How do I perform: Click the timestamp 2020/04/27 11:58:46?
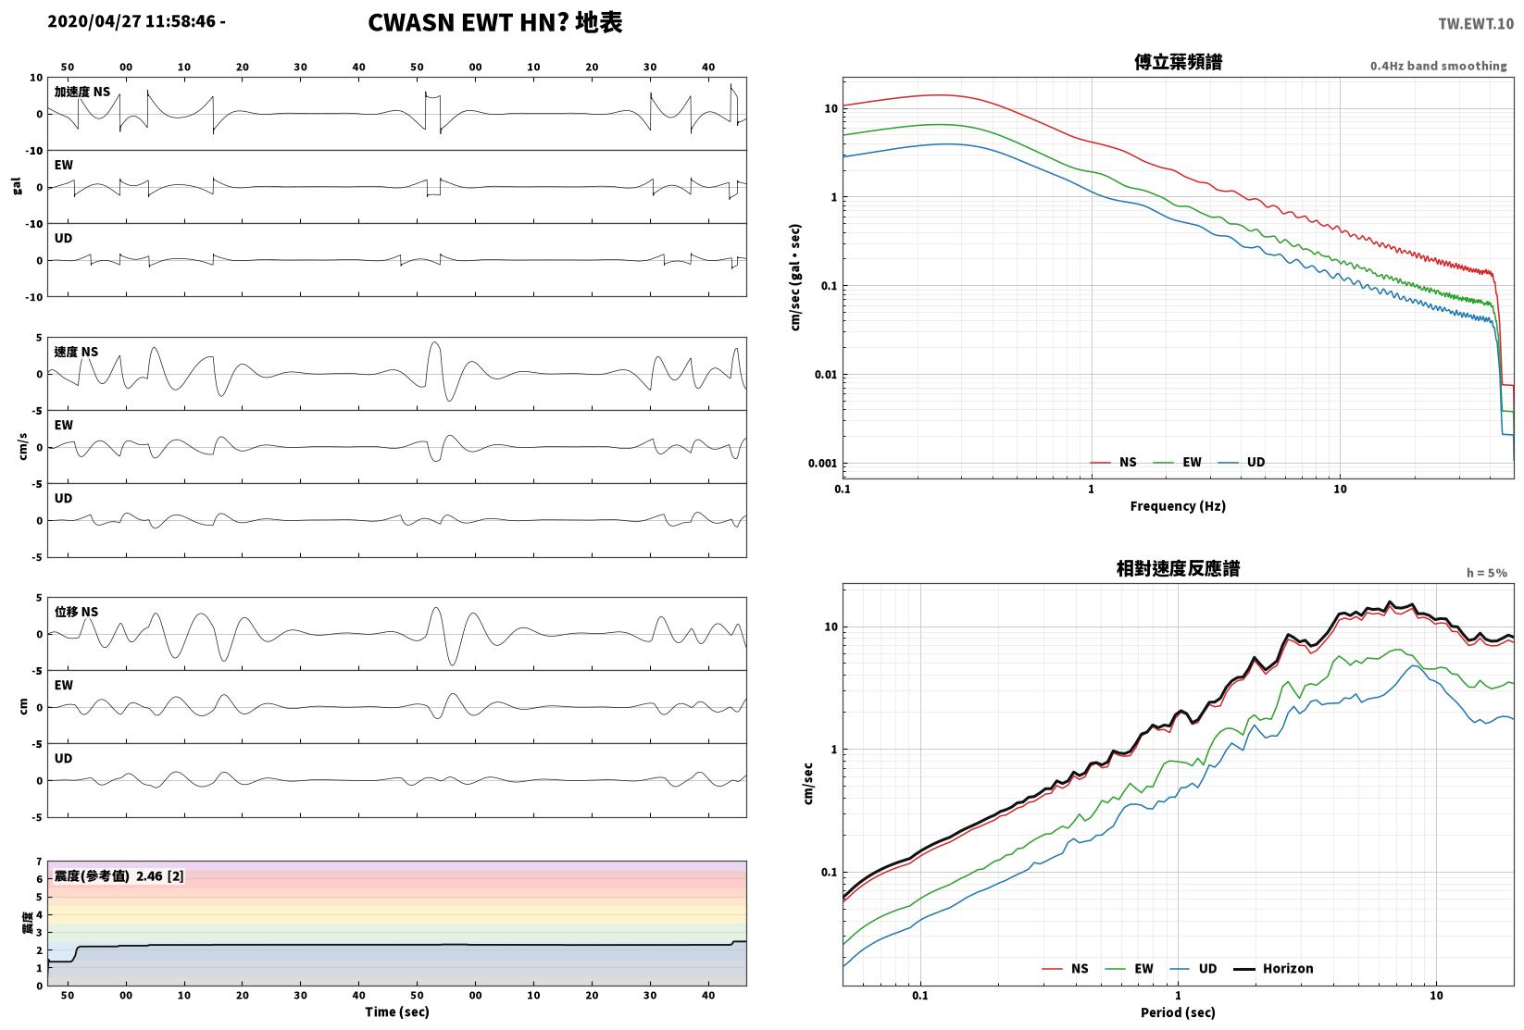pos(132,21)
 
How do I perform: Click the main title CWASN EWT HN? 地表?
pos(494,22)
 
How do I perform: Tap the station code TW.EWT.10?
pos(1476,24)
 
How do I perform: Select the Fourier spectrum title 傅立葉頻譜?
pos(1178,62)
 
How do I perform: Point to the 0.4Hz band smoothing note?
pos(1438,66)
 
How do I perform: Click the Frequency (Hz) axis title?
pos(1178,506)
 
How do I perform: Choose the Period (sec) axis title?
pos(1178,1012)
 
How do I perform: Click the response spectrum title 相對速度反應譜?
pos(1178,568)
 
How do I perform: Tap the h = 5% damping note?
pos(1487,573)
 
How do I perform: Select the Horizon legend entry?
pos(1274,968)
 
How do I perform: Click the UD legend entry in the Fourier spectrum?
pos(1241,463)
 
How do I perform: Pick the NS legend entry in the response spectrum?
pos(1066,968)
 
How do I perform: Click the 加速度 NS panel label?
pos(82,92)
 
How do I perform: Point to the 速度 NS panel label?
pos(76,352)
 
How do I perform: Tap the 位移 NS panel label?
pos(76,612)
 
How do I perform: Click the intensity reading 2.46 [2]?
pos(160,875)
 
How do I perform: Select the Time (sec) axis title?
pos(397,1011)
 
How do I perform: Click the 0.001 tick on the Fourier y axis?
pos(822,464)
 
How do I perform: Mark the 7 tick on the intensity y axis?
pos(40,862)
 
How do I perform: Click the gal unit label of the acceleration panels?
pos(17,186)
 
